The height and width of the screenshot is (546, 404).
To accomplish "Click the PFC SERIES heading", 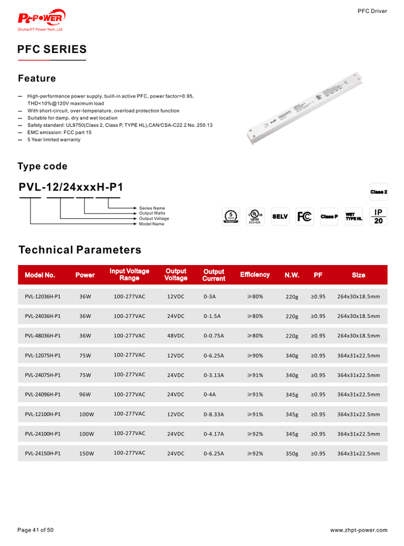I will (x=52, y=49).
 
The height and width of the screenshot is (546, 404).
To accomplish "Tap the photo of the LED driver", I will (x=306, y=106).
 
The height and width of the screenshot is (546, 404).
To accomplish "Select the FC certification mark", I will (x=304, y=217).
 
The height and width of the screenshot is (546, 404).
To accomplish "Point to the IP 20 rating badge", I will (x=379, y=217).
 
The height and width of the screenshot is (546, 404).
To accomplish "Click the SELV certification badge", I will (x=280, y=217).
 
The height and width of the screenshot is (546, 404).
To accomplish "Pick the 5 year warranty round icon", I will (x=230, y=217).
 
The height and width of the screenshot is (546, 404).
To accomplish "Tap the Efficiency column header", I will (x=254, y=275).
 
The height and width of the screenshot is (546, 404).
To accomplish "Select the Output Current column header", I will (x=214, y=275).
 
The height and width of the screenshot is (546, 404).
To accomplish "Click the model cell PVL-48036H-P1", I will (x=43, y=336).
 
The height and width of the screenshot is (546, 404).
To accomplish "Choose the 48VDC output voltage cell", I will (x=175, y=336).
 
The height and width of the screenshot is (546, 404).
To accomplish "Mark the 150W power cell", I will (x=86, y=454).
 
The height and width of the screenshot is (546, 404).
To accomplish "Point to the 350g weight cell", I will (x=291, y=454).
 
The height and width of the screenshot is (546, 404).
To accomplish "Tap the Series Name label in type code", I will (x=152, y=208).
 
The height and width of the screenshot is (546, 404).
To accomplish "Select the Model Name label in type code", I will (x=152, y=224).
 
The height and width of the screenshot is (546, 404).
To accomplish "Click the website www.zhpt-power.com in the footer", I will (x=358, y=530).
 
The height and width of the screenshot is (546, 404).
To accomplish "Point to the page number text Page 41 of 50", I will (x=36, y=530).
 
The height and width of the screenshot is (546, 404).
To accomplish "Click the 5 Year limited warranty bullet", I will (x=54, y=140).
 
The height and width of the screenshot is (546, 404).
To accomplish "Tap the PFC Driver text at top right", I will (x=372, y=11).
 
